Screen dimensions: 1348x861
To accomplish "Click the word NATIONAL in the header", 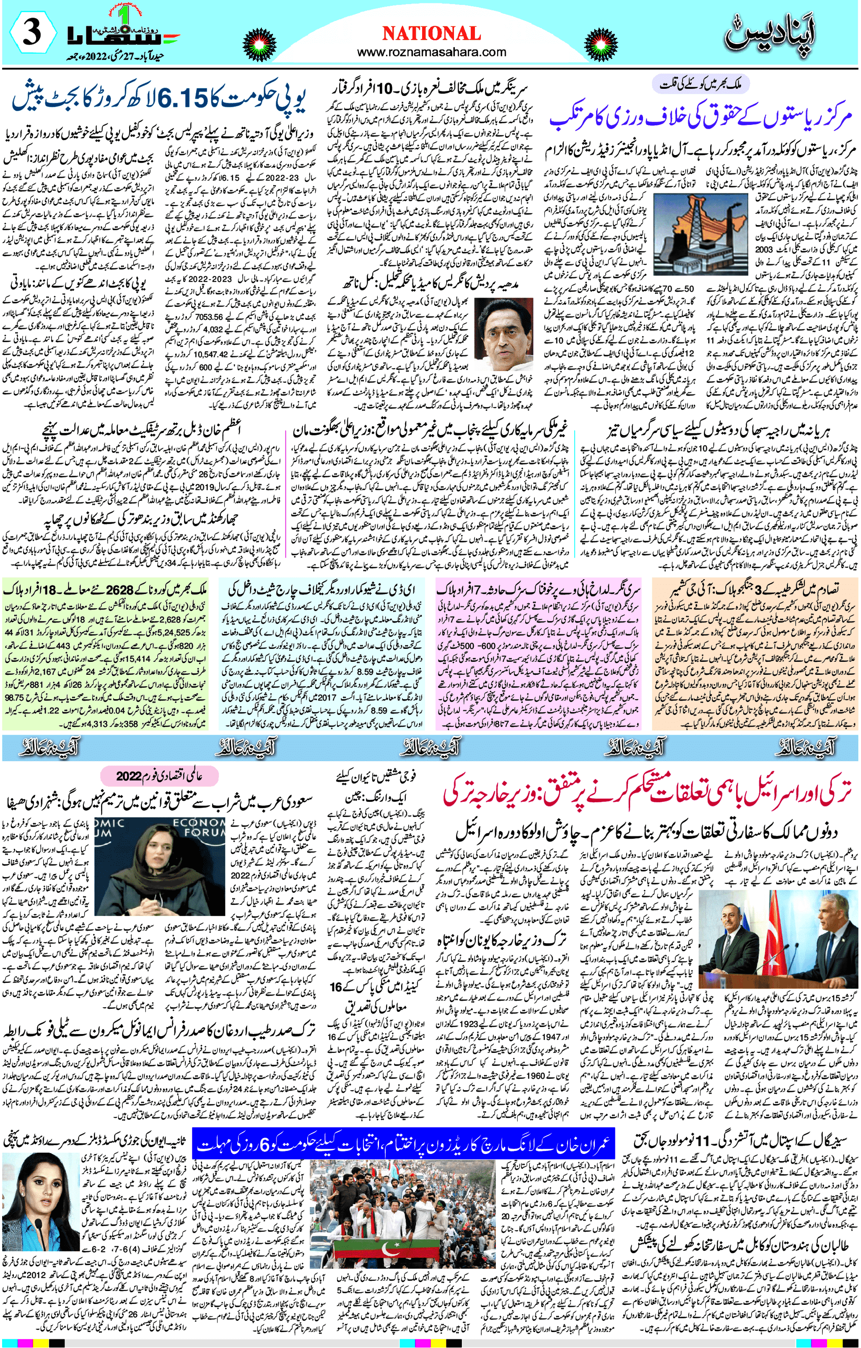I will (430, 33).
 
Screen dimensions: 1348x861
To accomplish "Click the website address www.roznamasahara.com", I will (430, 52).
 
